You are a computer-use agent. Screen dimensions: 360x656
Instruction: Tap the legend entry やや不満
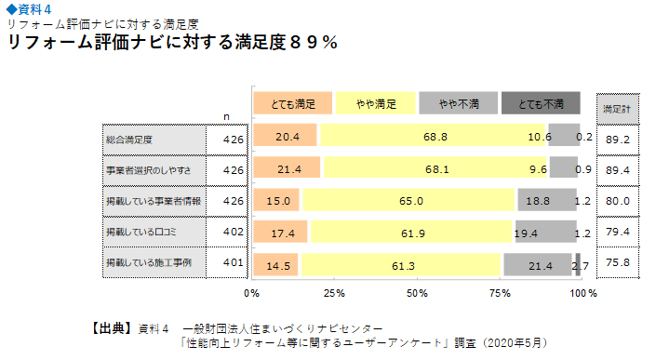point(458,103)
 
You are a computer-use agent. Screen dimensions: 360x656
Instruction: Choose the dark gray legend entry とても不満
point(541,103)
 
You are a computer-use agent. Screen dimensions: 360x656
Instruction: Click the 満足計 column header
point(617,109)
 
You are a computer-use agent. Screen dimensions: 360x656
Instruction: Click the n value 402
point(234,232)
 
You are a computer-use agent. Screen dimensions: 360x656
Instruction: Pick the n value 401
point(234,263)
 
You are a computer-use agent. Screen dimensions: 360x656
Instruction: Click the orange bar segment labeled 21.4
point(287,168)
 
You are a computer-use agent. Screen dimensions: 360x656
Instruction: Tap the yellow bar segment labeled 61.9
point(411,232)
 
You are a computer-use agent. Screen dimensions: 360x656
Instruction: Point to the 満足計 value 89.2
point(617,139)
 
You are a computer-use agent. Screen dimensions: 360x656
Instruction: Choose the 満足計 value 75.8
point(617,263)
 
